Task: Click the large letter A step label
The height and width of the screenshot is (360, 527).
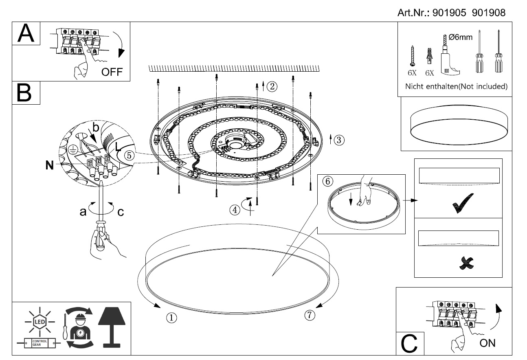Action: [26, 33]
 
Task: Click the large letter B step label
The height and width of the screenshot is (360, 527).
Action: [26, 93]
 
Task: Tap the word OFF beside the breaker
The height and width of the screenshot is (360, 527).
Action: [112, 72]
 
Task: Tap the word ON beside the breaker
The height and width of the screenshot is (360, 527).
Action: [487, 342]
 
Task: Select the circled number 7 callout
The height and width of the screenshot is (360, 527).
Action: [309, 314]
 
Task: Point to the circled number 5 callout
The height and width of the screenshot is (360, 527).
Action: [128, 155]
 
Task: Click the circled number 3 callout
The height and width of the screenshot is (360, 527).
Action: [339, 140]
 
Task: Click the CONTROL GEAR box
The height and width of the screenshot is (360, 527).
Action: [37, 344]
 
